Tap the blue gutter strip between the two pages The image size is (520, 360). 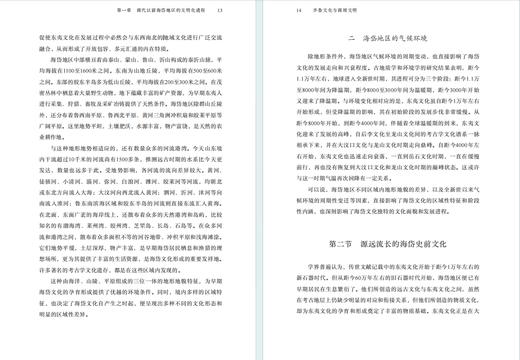pos(260,180)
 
